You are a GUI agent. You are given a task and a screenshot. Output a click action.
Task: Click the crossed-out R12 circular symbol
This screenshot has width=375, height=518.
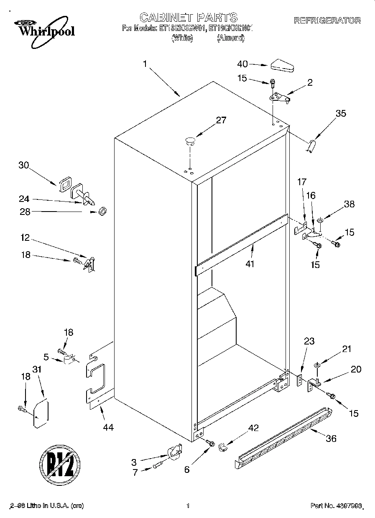coord(60,464)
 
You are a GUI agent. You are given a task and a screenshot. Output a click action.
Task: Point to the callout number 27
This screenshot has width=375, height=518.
coord(221,120)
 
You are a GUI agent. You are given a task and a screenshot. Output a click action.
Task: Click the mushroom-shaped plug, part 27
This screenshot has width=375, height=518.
coord(190,141)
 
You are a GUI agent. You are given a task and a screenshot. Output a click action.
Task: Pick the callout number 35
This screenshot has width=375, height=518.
coord(341,113)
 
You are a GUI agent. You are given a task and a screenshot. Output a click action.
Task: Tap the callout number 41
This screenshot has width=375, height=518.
coord(250,264)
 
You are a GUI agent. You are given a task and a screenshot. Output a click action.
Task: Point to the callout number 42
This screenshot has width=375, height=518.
coord(253,428)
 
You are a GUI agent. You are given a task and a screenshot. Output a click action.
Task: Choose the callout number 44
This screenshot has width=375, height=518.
coord(108,427)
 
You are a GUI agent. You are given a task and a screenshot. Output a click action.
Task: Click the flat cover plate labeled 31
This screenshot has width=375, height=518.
coord(41,414)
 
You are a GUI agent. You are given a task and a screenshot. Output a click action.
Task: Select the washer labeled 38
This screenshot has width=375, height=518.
coord(320,219)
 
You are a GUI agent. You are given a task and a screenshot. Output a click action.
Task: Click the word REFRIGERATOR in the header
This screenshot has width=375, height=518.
coord(327,20)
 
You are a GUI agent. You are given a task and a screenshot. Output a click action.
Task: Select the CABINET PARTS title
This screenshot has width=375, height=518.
coord(188,17)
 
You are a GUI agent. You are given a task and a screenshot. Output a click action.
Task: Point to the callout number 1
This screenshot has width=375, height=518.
coord(145,64)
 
